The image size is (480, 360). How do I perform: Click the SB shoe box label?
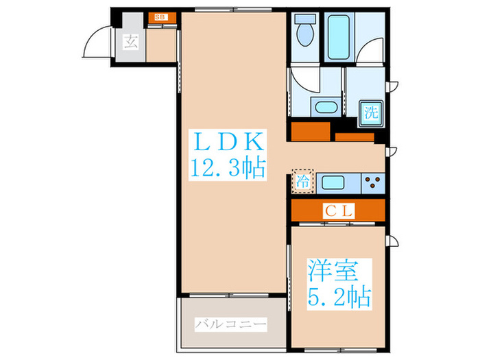160,16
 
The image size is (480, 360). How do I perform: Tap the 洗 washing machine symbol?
371,110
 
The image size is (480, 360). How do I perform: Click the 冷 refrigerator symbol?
302,182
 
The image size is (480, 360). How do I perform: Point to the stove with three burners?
374,183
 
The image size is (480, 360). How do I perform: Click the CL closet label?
338,211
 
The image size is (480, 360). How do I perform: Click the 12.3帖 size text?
227,169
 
